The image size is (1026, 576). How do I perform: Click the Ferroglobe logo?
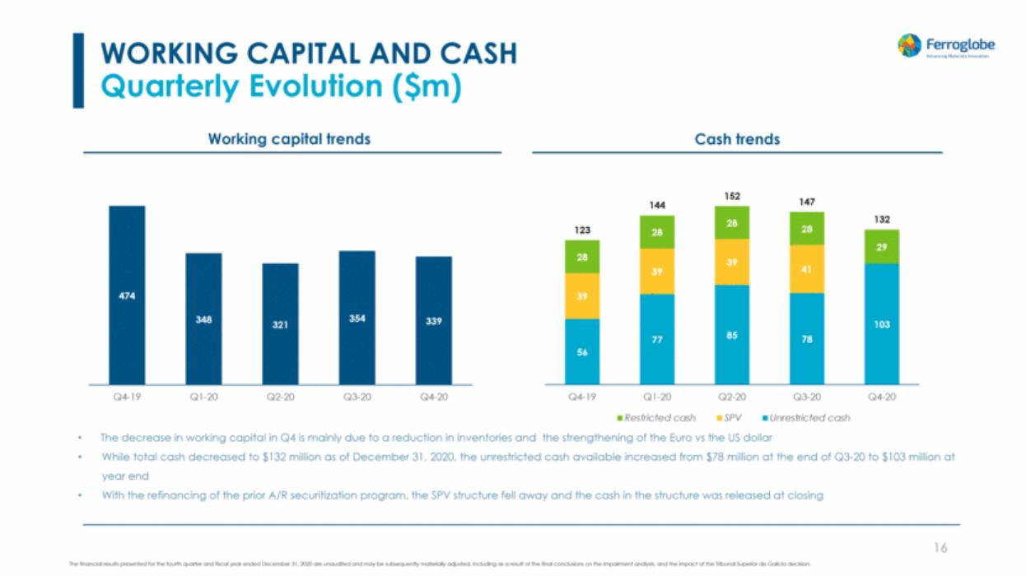coord(945,46)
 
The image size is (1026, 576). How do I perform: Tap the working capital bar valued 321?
coord(280,324)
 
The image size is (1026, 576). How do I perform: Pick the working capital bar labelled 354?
coord(357,318)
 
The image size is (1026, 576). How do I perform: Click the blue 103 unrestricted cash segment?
coord(881,324)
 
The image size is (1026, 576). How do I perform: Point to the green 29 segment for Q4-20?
coord(881,247)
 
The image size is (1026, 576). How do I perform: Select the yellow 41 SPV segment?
coord(807,269)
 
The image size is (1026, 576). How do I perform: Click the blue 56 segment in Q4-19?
coord(582,351)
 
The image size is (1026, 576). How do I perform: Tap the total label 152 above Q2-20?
coord(732,196)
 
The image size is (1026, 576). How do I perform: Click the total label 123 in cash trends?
coord(582,230)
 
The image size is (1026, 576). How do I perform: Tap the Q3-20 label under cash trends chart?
coord(807,397)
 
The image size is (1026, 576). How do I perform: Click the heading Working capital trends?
coord(289,139)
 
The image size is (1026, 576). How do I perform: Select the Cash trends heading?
coord(737,139)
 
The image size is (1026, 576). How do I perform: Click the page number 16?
coord(940,547)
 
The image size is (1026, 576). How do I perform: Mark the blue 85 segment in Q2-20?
coord(732,334)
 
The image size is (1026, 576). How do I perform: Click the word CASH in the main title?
coord(477,53)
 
